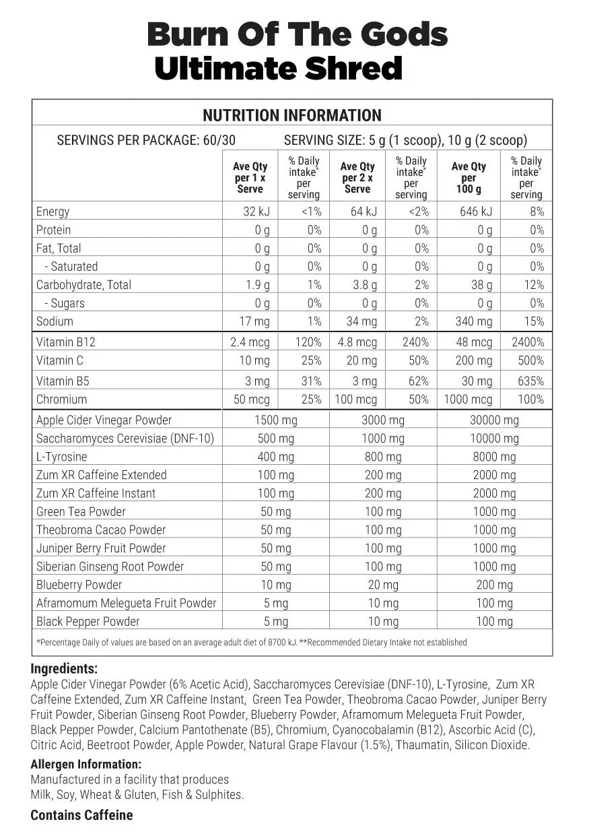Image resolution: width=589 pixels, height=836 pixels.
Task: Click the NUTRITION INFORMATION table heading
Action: [291, 115]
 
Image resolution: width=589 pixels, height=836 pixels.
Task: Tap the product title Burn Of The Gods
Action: [297, 34]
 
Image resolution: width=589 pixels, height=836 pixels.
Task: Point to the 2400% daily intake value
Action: [527, 342]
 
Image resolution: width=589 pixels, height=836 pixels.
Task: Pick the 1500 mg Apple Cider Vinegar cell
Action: [276, 420]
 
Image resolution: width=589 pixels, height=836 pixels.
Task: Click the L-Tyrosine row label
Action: [62, 457]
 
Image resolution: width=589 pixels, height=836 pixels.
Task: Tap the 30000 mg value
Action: [494, 420]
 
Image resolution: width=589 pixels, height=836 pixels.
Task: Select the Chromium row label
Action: [61, 399]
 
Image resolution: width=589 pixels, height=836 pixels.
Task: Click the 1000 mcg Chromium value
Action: [468, 399]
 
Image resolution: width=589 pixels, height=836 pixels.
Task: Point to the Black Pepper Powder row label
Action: [88, 622]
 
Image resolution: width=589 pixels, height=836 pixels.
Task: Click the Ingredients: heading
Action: [64, 669]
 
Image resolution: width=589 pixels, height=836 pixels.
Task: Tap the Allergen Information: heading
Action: [86, 765]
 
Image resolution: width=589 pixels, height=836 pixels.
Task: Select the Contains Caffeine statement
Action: [81, 816]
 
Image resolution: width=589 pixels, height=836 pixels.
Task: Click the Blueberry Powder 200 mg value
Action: [494, 585]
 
